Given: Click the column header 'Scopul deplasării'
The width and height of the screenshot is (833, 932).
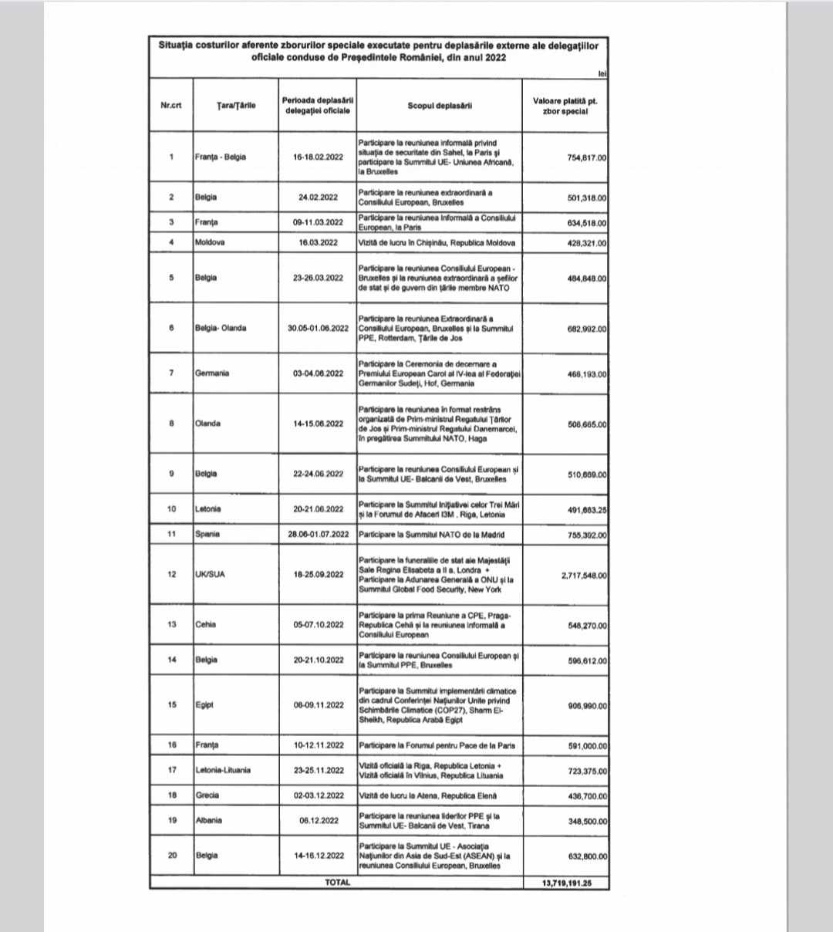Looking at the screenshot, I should (x=440, y=106).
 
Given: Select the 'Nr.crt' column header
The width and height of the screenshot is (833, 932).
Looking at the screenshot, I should (x=171, y=106).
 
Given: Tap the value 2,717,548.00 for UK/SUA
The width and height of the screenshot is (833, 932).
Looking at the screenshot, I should (x=584, y=574).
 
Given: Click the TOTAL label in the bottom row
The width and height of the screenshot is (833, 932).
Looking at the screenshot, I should (x=337, y=882).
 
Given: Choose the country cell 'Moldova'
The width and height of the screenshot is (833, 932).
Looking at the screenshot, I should (x=210, y=242).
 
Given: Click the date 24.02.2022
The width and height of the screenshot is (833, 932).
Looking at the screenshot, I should (x=319, y=197).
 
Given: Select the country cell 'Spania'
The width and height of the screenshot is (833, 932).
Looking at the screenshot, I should (x=207, y=534).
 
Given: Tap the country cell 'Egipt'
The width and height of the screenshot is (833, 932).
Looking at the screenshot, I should (x=204, y=704).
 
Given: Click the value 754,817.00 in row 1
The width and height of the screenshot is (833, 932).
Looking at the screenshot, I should (x=587, y=157).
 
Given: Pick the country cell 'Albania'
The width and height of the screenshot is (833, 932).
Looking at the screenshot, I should (x=208, y=820).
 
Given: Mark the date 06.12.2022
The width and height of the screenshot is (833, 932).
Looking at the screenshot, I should (x=319, y=820).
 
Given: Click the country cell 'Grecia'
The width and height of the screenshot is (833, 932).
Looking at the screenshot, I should (x=207, y=795).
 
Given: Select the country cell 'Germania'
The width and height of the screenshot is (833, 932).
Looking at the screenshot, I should (x=212, y=373).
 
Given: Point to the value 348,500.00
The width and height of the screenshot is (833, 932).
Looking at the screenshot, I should (x=587, y=821).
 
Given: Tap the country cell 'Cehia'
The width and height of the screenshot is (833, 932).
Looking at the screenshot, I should (x=206, y=624).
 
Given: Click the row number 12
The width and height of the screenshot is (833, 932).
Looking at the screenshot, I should (x=171, y=574).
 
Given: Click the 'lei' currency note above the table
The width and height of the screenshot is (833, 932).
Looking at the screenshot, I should (x=602, y=73).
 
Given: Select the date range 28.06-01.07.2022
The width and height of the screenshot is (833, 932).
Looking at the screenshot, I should (x=319, y=534).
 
